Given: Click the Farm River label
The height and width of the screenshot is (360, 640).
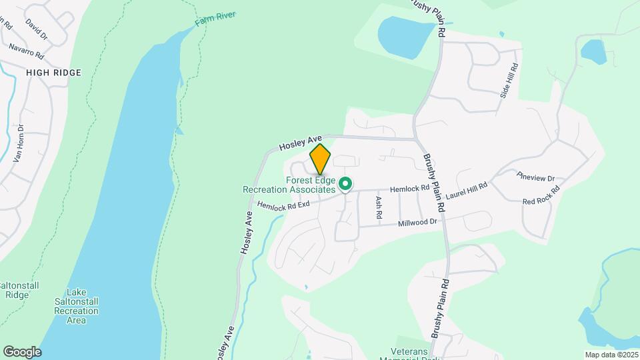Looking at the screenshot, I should coord(215,19).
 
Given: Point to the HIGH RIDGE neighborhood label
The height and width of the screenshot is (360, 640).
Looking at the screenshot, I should coord(53,73).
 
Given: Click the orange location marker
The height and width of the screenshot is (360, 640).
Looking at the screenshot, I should coord(320,159).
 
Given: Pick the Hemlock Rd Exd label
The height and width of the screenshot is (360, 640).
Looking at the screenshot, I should coord(283,206).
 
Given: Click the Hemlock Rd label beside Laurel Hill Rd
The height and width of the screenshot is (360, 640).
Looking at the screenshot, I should coord(409,189).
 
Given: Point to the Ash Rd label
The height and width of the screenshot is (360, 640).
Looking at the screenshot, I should coord(378,207).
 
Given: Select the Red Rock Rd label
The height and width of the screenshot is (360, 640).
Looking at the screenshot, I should coord(541,197).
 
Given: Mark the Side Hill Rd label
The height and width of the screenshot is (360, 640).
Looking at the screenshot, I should coord(509,81).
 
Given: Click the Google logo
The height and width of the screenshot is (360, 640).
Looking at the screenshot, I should coord(22,352).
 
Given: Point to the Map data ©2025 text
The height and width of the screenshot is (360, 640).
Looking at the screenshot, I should coord(611,354).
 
